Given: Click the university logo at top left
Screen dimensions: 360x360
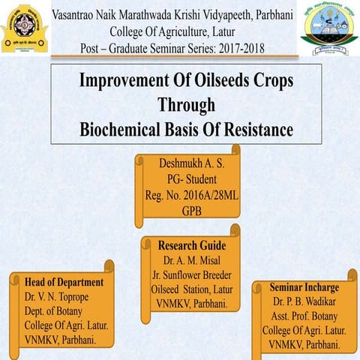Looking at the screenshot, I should point(25,29).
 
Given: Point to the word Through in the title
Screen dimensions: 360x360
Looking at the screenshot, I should point(186,105).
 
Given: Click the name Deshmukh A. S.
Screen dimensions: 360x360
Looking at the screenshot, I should point(191,163).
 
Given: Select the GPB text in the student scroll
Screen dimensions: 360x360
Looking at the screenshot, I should point(191,212).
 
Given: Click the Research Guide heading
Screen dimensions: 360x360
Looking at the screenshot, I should point(192,245).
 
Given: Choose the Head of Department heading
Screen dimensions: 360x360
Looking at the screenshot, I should point(64,282).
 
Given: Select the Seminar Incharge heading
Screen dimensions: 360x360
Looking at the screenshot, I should point(304,287).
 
